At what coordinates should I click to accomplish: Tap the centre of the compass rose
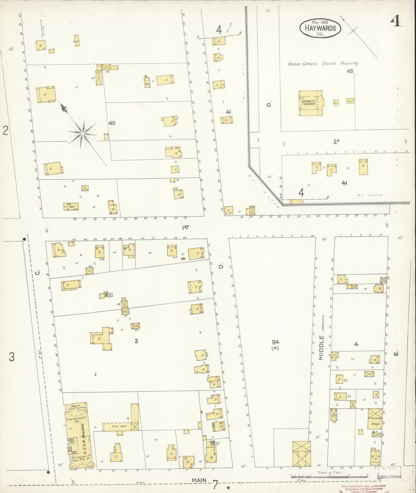[x=82, y=133]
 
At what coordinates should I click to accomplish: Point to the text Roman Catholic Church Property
[x=322, y=64]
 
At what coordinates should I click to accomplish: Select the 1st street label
[x=186, y=227]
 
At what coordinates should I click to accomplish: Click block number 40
[x=112, y=123]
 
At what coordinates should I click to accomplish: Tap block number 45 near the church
[x=350, y=71]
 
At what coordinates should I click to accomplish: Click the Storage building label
[x=375, y=424]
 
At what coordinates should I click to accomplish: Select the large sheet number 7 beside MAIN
[x=215, y=485]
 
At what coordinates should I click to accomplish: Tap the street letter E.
[x=396, y=353]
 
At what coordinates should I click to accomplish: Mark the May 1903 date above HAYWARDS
[x=320, y=22]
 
